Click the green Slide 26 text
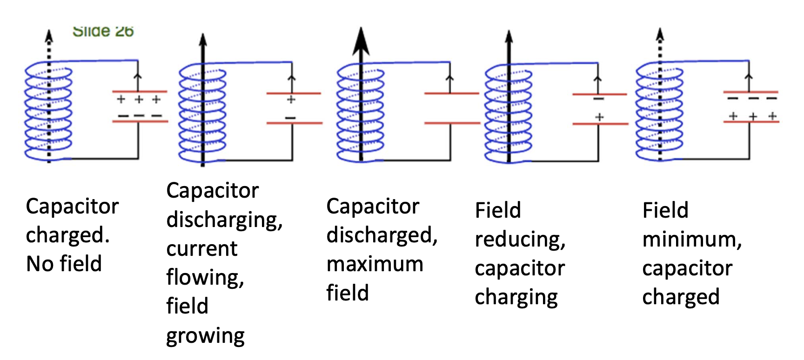103,32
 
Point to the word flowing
205,278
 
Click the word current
201,249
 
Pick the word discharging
224,220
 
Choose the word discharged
382,235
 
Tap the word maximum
375,264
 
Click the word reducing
520,240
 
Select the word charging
516,297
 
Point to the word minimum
691,240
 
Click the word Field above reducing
497,210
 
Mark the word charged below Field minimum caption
681,297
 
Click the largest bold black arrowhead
361,42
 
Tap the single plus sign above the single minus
291,100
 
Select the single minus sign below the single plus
290,118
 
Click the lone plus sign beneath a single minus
599,117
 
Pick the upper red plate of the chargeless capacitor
451,93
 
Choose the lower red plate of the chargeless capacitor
452,123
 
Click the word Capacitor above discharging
212,191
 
